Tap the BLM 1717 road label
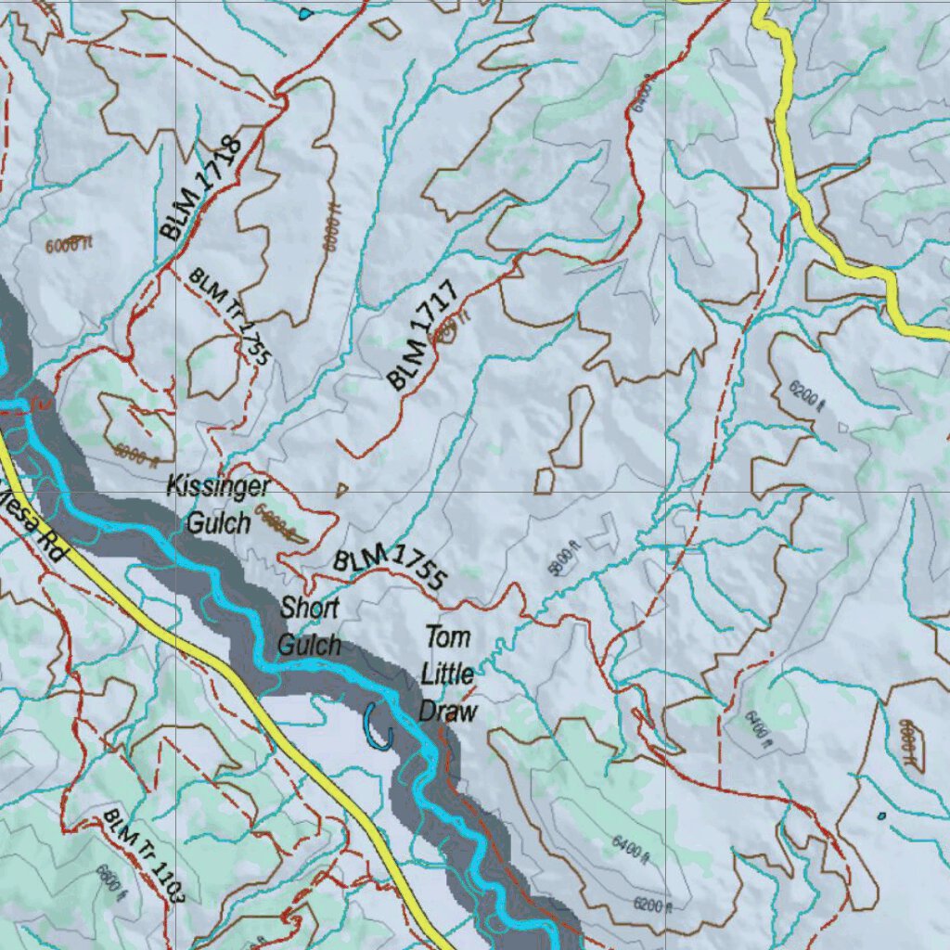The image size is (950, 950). click(422, 336)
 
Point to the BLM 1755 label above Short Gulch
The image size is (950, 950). click(390, 569)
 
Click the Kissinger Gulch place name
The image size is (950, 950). click(219, 505)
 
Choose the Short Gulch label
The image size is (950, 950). click(310, 626)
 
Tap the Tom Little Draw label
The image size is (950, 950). click(448, 674)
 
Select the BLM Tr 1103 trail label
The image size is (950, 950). click(146, 855)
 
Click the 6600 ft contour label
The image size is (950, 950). click(109, 879)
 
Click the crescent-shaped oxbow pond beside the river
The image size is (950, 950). click(378, 727)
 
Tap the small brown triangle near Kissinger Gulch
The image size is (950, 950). click(341, 489)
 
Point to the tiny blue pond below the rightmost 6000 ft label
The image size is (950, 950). click(880, 816)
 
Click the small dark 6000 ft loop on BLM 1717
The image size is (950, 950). click(448, 331)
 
